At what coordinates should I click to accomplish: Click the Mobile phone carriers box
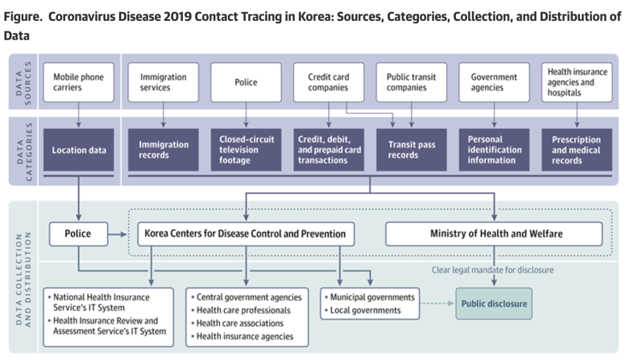[x=79, y=82]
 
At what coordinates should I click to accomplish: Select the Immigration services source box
[x=164, y=82]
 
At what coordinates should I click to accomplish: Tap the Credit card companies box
[x=329, y=82]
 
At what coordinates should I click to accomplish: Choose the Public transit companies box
[x=411, y=82]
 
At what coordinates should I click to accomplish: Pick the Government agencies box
[x=494, y=82]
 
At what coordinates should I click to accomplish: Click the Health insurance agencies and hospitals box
[x=577, y=82]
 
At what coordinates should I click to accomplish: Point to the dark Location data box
[x=79, y=150]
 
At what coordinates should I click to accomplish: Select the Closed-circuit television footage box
[x=246, y=150]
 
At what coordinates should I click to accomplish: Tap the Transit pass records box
[x=411, y=150]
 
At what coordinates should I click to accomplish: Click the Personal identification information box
[x=494, y=150]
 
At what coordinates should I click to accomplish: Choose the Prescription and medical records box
[x=577, y=150]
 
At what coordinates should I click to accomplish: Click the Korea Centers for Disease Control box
[x=246, y=234]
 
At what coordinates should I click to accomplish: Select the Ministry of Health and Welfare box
[x=494, y=234]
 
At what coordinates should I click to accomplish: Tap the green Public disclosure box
[x=494, y=304]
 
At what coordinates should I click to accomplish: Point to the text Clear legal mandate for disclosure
[x=492, y=270]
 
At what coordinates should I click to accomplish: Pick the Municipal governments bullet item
[x=370, y=297]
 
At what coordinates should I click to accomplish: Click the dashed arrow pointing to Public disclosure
[x=437, y=304]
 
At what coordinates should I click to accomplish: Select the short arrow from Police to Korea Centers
[x=118, y=234]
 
